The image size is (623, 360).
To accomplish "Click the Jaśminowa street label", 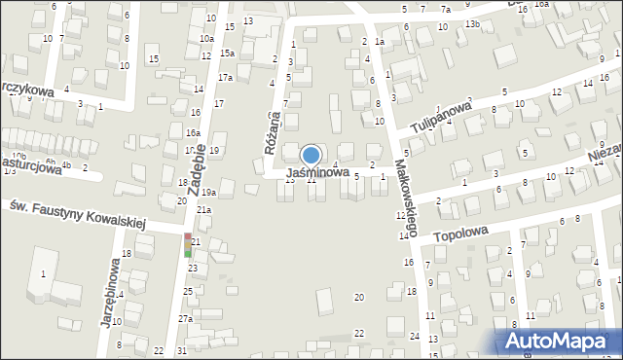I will pos(317,172).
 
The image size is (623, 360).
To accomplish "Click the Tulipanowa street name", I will pos(441,115).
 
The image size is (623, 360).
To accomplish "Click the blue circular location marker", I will pos(311,155).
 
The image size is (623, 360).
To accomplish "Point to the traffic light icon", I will pos(188,244).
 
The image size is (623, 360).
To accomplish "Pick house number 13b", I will pos(472,23).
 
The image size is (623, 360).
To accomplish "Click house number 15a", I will pos(227,53).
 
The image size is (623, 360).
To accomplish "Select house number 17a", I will pos(225,77).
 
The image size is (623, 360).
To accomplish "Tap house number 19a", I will pos(208,193).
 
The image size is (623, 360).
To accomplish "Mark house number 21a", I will pos(203,209).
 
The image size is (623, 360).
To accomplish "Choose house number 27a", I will pos(185,318).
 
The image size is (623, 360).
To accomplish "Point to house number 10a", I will pos(206,38).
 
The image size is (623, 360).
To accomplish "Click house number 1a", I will pos(380,42).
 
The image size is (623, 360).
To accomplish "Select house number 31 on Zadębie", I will pos(181,350).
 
